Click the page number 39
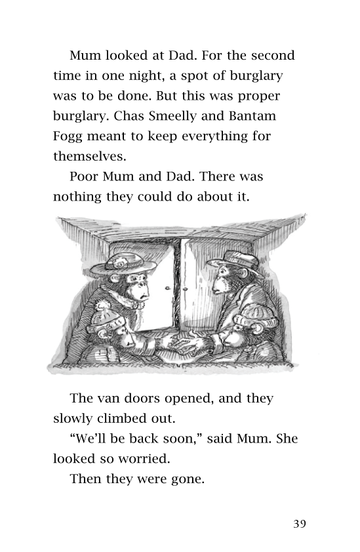[299, 523]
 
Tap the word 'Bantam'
[253, 117]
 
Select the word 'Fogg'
[70, 137]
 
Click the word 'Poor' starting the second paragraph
[84, 177]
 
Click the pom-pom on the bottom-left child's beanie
[103, 306]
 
